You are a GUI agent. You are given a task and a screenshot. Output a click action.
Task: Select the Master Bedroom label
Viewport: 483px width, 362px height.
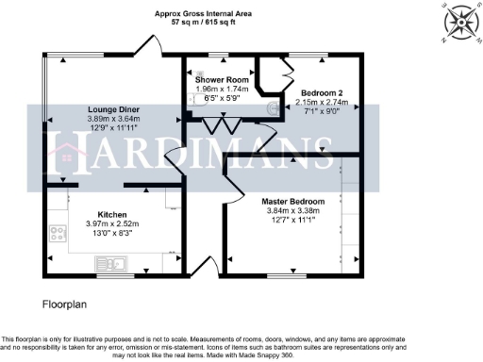pos(293,202)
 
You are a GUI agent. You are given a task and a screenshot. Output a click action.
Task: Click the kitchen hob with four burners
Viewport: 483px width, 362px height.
pos(58,233)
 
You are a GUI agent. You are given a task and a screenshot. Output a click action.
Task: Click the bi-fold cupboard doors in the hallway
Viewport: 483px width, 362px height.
pos(224,125)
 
